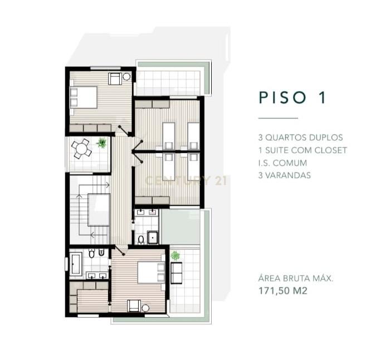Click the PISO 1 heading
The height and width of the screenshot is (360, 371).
coord(292,98)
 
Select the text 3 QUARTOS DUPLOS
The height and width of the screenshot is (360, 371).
coord(300,138)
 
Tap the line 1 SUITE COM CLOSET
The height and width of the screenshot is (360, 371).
coord(302,150)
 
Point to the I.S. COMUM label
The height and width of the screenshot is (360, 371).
coord(282,163)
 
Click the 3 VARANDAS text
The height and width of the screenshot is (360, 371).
coord(285,176)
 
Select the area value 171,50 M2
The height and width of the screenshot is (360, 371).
coord(283,291)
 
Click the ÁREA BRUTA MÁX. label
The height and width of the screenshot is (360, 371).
coord(296,278)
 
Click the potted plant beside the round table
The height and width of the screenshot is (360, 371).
coord(101,143)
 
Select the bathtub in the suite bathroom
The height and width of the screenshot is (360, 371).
coord(76,264)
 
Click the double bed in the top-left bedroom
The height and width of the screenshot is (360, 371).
coord(84,98)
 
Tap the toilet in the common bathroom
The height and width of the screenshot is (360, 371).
coord(141,240)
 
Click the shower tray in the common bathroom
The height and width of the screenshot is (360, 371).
coord(153,237)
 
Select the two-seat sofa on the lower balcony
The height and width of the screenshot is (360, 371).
coord(176,273)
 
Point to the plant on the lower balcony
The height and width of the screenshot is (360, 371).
coord(175,256)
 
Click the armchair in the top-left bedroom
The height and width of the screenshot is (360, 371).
coord(115,79)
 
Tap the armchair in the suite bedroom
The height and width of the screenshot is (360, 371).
coord(134,305)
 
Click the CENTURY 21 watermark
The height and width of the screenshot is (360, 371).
coord(186,181)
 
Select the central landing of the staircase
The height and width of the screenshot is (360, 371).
coord(99,210)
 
